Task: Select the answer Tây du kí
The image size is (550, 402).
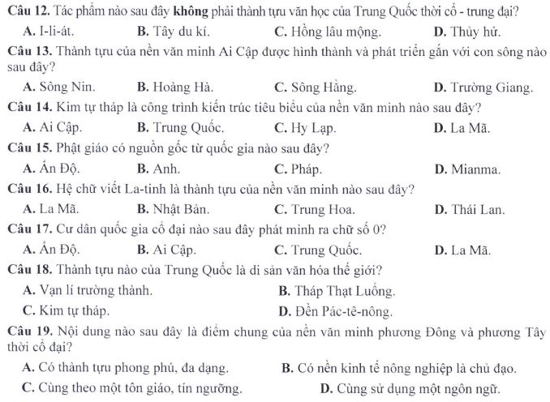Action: [173, 33]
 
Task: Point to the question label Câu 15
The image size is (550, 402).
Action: [28, 148]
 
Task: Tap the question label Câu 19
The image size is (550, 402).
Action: [28, 331]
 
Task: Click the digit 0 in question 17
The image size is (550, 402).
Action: [377, 229]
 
